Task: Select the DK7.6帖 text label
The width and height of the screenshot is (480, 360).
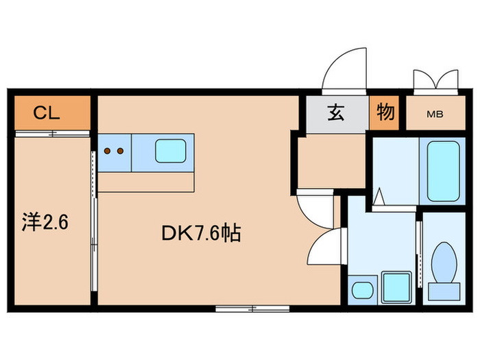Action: pos(200,235)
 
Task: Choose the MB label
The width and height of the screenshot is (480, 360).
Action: pos(435,115)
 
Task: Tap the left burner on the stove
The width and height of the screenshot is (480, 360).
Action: pos(108,149)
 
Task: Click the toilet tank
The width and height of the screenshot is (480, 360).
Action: pos(444,290)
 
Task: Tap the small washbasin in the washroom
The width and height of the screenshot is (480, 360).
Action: pos(361,289)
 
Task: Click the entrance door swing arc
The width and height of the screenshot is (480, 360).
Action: pos(347,69)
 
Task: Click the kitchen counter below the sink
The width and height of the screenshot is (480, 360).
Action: pos(147,181)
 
